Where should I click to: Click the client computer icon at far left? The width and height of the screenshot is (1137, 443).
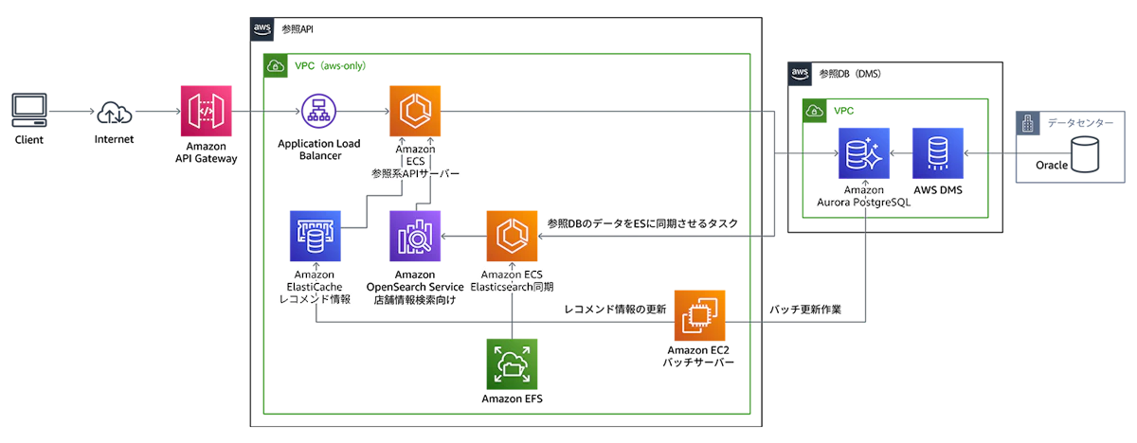[x=30, y=111]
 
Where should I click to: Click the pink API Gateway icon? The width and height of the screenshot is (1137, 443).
[x=204, y=113]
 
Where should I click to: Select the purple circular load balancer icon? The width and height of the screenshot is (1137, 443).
[x=317, y=112]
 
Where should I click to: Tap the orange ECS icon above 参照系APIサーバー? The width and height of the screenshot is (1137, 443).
[x=415, y=111]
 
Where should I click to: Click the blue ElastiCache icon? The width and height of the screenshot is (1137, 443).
[x=315, y=236]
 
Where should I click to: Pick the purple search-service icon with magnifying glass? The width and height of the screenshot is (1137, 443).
[x=415, y=236]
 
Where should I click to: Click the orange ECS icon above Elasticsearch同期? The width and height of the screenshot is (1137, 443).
[x=512, y=236]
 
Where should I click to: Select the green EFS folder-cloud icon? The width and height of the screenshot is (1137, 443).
[x=512, y=363]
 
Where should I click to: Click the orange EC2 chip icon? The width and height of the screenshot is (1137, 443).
[x=699, y=316]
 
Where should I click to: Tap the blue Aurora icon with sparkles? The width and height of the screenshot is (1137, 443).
[x=863, y=152]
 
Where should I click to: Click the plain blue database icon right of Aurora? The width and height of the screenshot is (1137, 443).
[x=937, y=152]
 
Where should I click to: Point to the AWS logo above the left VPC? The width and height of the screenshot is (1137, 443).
[x=262, y=30]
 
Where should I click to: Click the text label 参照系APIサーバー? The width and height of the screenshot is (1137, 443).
[x=415, y=174]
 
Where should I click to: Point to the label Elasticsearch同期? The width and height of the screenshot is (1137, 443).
[x=512, y=286]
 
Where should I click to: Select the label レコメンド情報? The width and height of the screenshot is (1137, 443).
[x=314, y=299]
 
